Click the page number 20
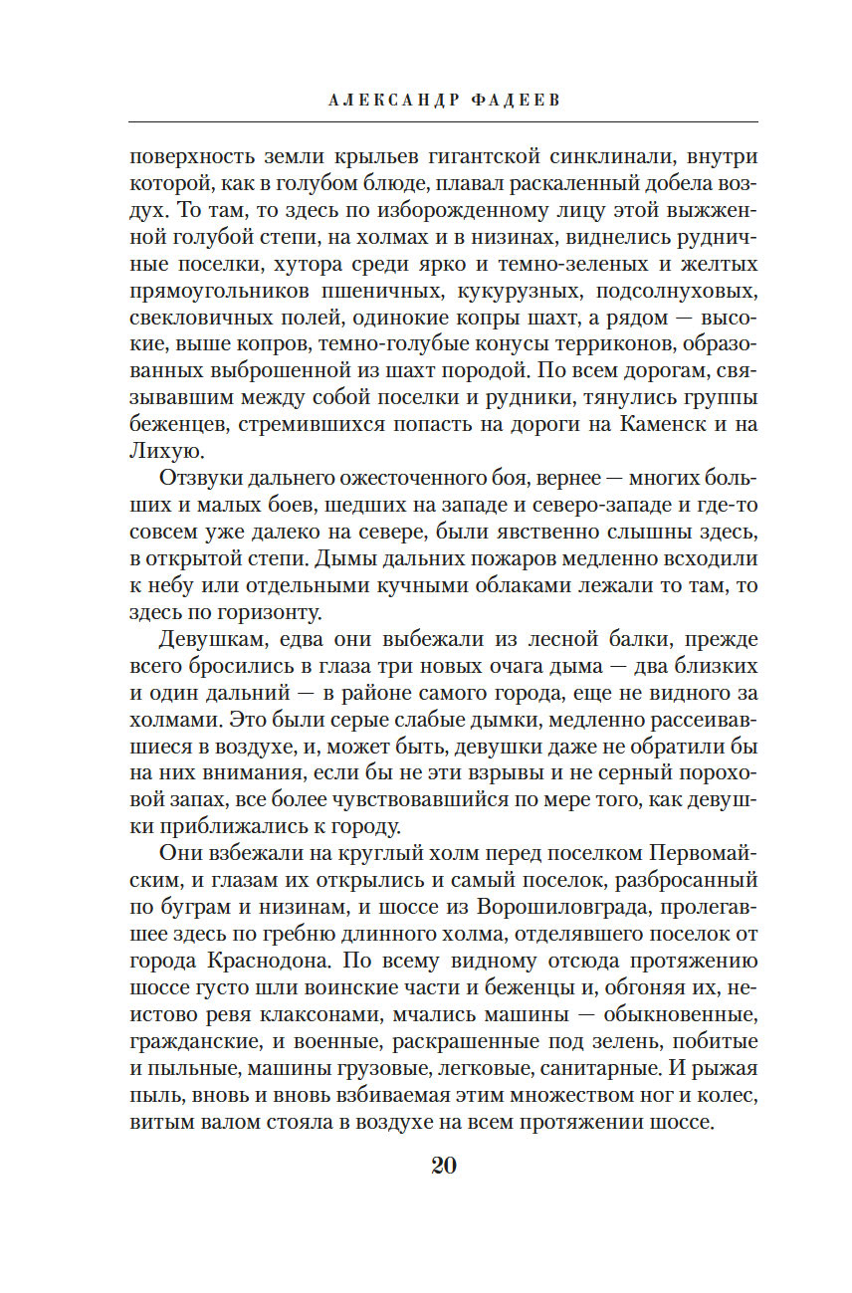tap(444, 1167)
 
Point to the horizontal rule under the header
tap(444, 122)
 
